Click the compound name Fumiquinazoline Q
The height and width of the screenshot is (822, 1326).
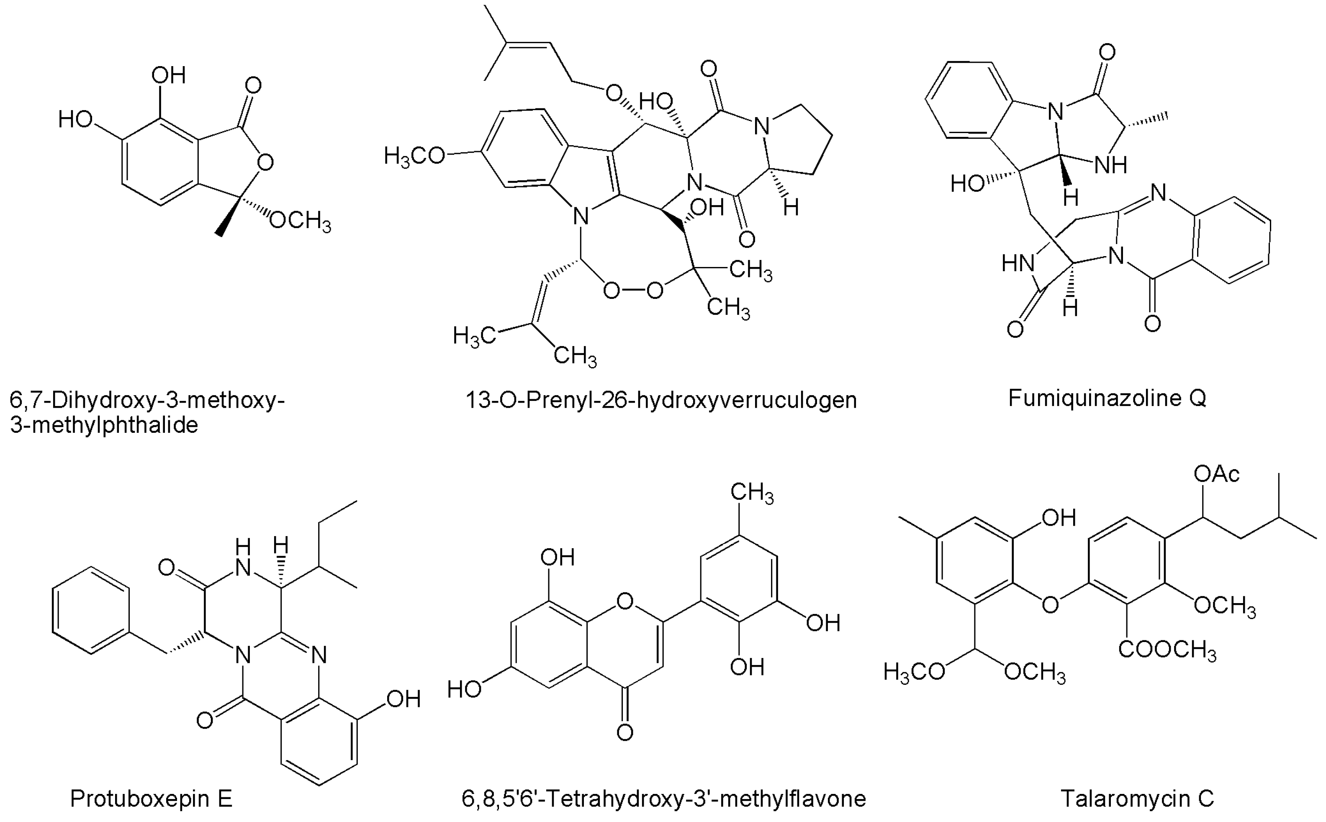pyautogui.click(x=1107, y=398)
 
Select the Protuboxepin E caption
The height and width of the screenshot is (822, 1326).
pyautogui.click(x=151, y=799)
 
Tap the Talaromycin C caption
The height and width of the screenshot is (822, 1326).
pyautogui.click(x=1137, y=799)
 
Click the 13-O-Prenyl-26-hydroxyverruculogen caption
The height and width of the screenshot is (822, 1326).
pyautogui.click(x=661, y=400)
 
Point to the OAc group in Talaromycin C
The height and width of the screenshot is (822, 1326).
pyautogui.click(x=1216, y=475)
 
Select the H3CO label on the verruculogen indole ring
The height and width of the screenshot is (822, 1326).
pyautogui.click(x=414, y=157)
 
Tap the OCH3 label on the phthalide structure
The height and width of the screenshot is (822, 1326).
pyautogui.click(x=300, y=221)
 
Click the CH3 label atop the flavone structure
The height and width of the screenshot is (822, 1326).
pyautogui.click(x=752, y=493)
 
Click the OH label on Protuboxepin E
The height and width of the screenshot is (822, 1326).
pyautogui.click(x=403, y=699)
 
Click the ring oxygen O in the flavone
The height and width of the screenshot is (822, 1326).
pyautogui.click(x=625, y=601)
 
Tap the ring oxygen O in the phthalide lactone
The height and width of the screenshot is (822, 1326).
pyautogui.click(x=265, y=162)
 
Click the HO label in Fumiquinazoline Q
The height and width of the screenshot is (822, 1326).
pyautogui.click(x=967, y=184)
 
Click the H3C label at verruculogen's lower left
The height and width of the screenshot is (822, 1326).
pyautogui.click(x=474, y=336)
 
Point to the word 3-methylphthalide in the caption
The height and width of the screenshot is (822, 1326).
pyautogui.click(x=104, y=425)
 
